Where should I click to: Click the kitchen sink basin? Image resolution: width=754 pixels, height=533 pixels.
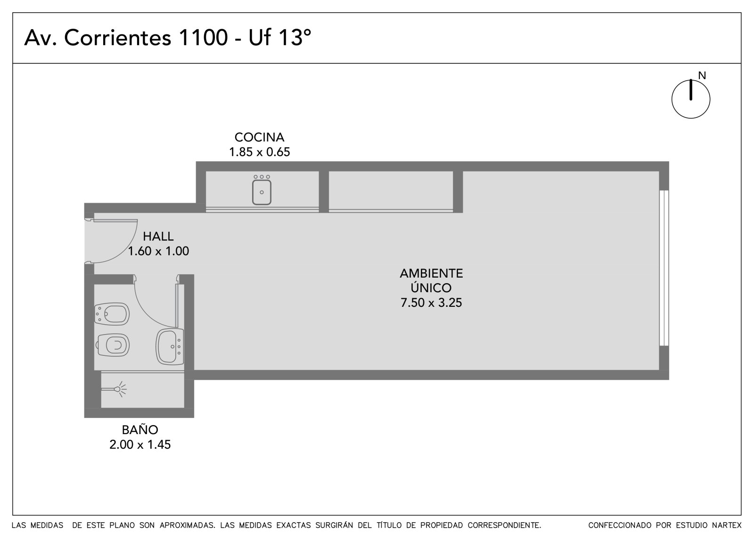pyautogui.click(x=262, y=192)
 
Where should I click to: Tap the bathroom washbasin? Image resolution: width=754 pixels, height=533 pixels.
pyautogui.click(x=170, y=347)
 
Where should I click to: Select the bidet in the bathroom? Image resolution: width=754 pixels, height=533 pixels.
pyautogui.click(x=112, y=314)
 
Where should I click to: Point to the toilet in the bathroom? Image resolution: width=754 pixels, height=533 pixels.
pyautogui.click(x=113, y=345)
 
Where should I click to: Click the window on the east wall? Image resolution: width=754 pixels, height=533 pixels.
pyautogui.click(x=664, y=268)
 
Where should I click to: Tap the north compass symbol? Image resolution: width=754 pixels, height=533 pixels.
pyautogui.click(x=691, y=99)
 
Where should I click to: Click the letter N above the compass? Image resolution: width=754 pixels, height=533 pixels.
pyautogui.click(x=702, y=76)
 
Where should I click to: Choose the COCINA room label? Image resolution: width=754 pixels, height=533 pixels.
pyautogui.click(x=259, y=138)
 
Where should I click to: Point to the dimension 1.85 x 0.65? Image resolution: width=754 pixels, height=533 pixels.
pyautogui.click(x=259, y=152)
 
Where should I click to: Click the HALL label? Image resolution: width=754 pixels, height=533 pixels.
pyautogui.click(x=158, y=237)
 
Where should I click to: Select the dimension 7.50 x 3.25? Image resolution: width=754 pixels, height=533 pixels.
pyautogui.click(x=431, y=303)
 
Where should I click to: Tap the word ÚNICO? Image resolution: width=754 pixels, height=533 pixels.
pyautogui.click(x=431, y=287)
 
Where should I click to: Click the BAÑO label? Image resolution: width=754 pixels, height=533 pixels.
pyautogui.click(x=139, y=429)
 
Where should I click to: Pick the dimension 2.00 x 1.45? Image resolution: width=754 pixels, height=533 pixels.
pyautogui.click(x=139, y=445)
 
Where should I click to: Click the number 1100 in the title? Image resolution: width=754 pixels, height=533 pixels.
pyautogui.click(x=203, y=37)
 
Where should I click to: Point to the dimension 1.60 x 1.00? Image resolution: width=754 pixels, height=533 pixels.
pyautogui.click(x=158, y=251)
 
